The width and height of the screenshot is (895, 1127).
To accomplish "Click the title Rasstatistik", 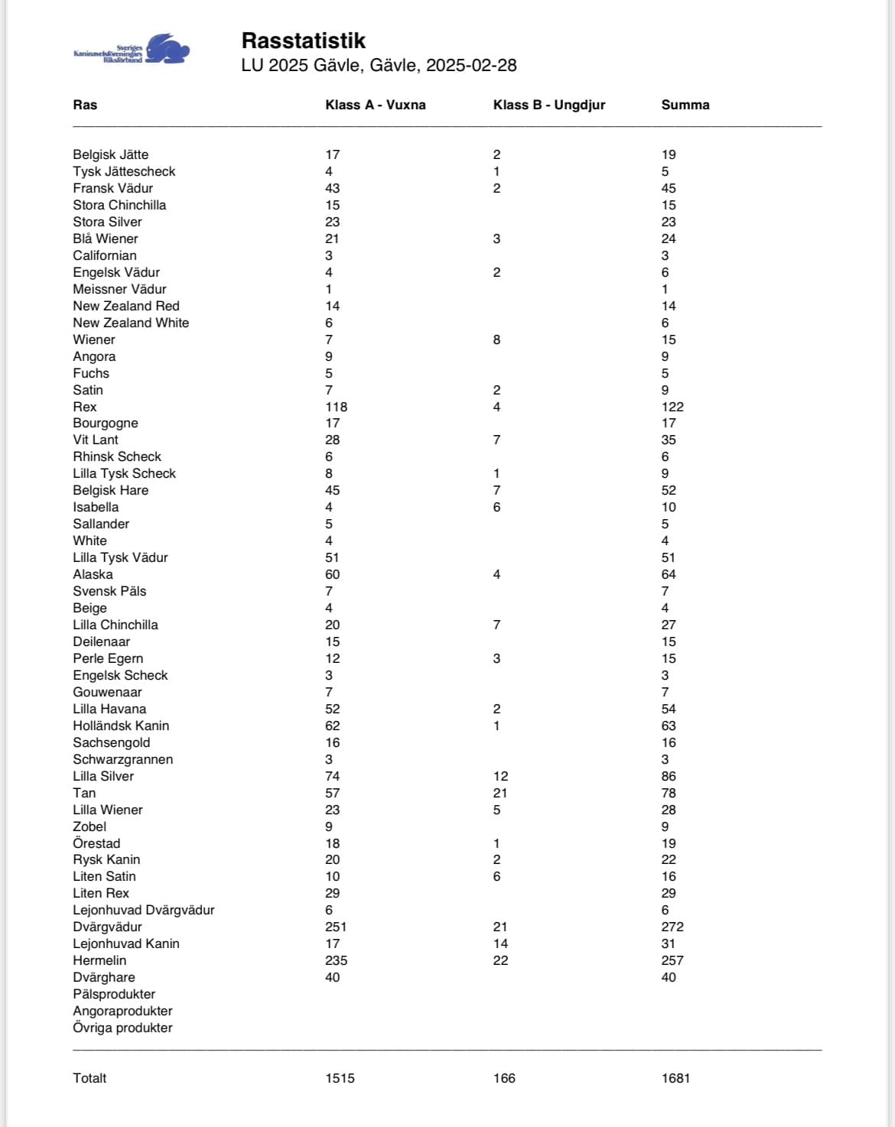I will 303,41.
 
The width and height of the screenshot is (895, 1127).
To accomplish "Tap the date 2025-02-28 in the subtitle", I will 471,65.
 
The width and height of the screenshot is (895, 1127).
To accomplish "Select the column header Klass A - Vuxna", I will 375,105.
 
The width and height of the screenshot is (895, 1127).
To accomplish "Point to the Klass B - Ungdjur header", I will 548,105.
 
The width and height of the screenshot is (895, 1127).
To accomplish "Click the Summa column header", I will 685,105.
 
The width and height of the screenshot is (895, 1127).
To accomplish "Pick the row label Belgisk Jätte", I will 111,154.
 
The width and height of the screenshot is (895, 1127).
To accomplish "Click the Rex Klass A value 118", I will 336,407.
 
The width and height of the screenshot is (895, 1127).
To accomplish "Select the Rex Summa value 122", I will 672,407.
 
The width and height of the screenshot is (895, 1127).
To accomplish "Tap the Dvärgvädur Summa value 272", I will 672,927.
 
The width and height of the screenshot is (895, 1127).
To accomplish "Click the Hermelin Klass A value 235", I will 336,960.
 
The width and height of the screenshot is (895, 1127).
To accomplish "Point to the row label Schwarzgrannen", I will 122,759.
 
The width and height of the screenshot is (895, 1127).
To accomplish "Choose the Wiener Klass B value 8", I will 496,339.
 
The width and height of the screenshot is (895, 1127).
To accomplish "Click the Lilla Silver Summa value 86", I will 669,776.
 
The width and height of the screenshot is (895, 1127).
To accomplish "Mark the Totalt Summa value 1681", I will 675,1078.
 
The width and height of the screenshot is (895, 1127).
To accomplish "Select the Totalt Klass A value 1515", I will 340,1078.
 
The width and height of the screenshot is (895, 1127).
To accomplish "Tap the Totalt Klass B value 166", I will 504,1078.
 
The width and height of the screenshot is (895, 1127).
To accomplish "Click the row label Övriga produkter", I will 122,1028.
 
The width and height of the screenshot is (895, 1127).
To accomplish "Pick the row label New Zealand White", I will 131,323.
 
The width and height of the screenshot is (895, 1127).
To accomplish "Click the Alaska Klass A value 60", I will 332,574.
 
